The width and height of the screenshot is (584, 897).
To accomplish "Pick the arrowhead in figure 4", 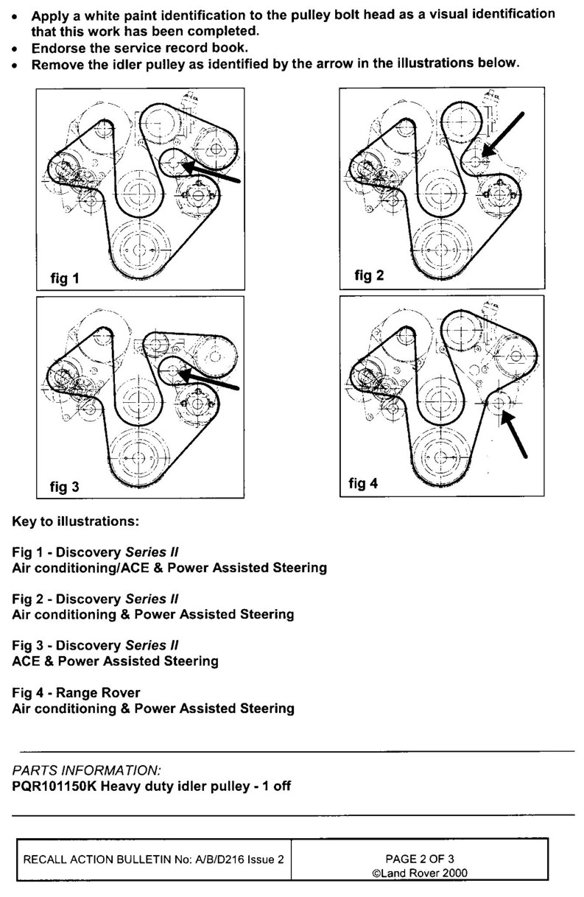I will [504, 417].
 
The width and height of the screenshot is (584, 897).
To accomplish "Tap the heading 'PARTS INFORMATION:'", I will [86, 770].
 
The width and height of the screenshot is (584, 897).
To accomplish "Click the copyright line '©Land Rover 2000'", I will [421, 873].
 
